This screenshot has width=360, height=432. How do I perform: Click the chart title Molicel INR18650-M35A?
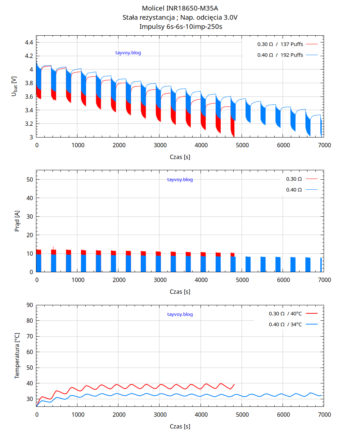(180, 8)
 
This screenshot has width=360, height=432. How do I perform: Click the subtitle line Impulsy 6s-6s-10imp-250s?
(180, 26)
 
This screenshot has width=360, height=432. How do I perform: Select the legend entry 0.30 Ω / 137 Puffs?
(280, 44)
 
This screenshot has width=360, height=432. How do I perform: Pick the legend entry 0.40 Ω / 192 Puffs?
(280, 55)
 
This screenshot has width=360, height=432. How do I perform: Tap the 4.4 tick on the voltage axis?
(29, 42)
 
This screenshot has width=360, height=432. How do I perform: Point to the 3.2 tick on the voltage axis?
(29, 124)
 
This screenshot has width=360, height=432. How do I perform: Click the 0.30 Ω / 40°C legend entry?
(285, 314)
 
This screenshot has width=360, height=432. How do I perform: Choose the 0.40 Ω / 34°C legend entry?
(285, 324)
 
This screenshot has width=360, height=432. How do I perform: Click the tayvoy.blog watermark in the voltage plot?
(128, 53)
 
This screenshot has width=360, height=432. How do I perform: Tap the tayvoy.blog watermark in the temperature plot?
(180, 314)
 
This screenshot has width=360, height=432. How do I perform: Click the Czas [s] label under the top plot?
(180, 157)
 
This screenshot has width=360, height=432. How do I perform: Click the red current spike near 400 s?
(53, 248)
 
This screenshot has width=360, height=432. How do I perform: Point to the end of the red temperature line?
(234, 384)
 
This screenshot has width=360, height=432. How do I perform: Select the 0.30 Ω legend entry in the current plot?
(294, 179)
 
